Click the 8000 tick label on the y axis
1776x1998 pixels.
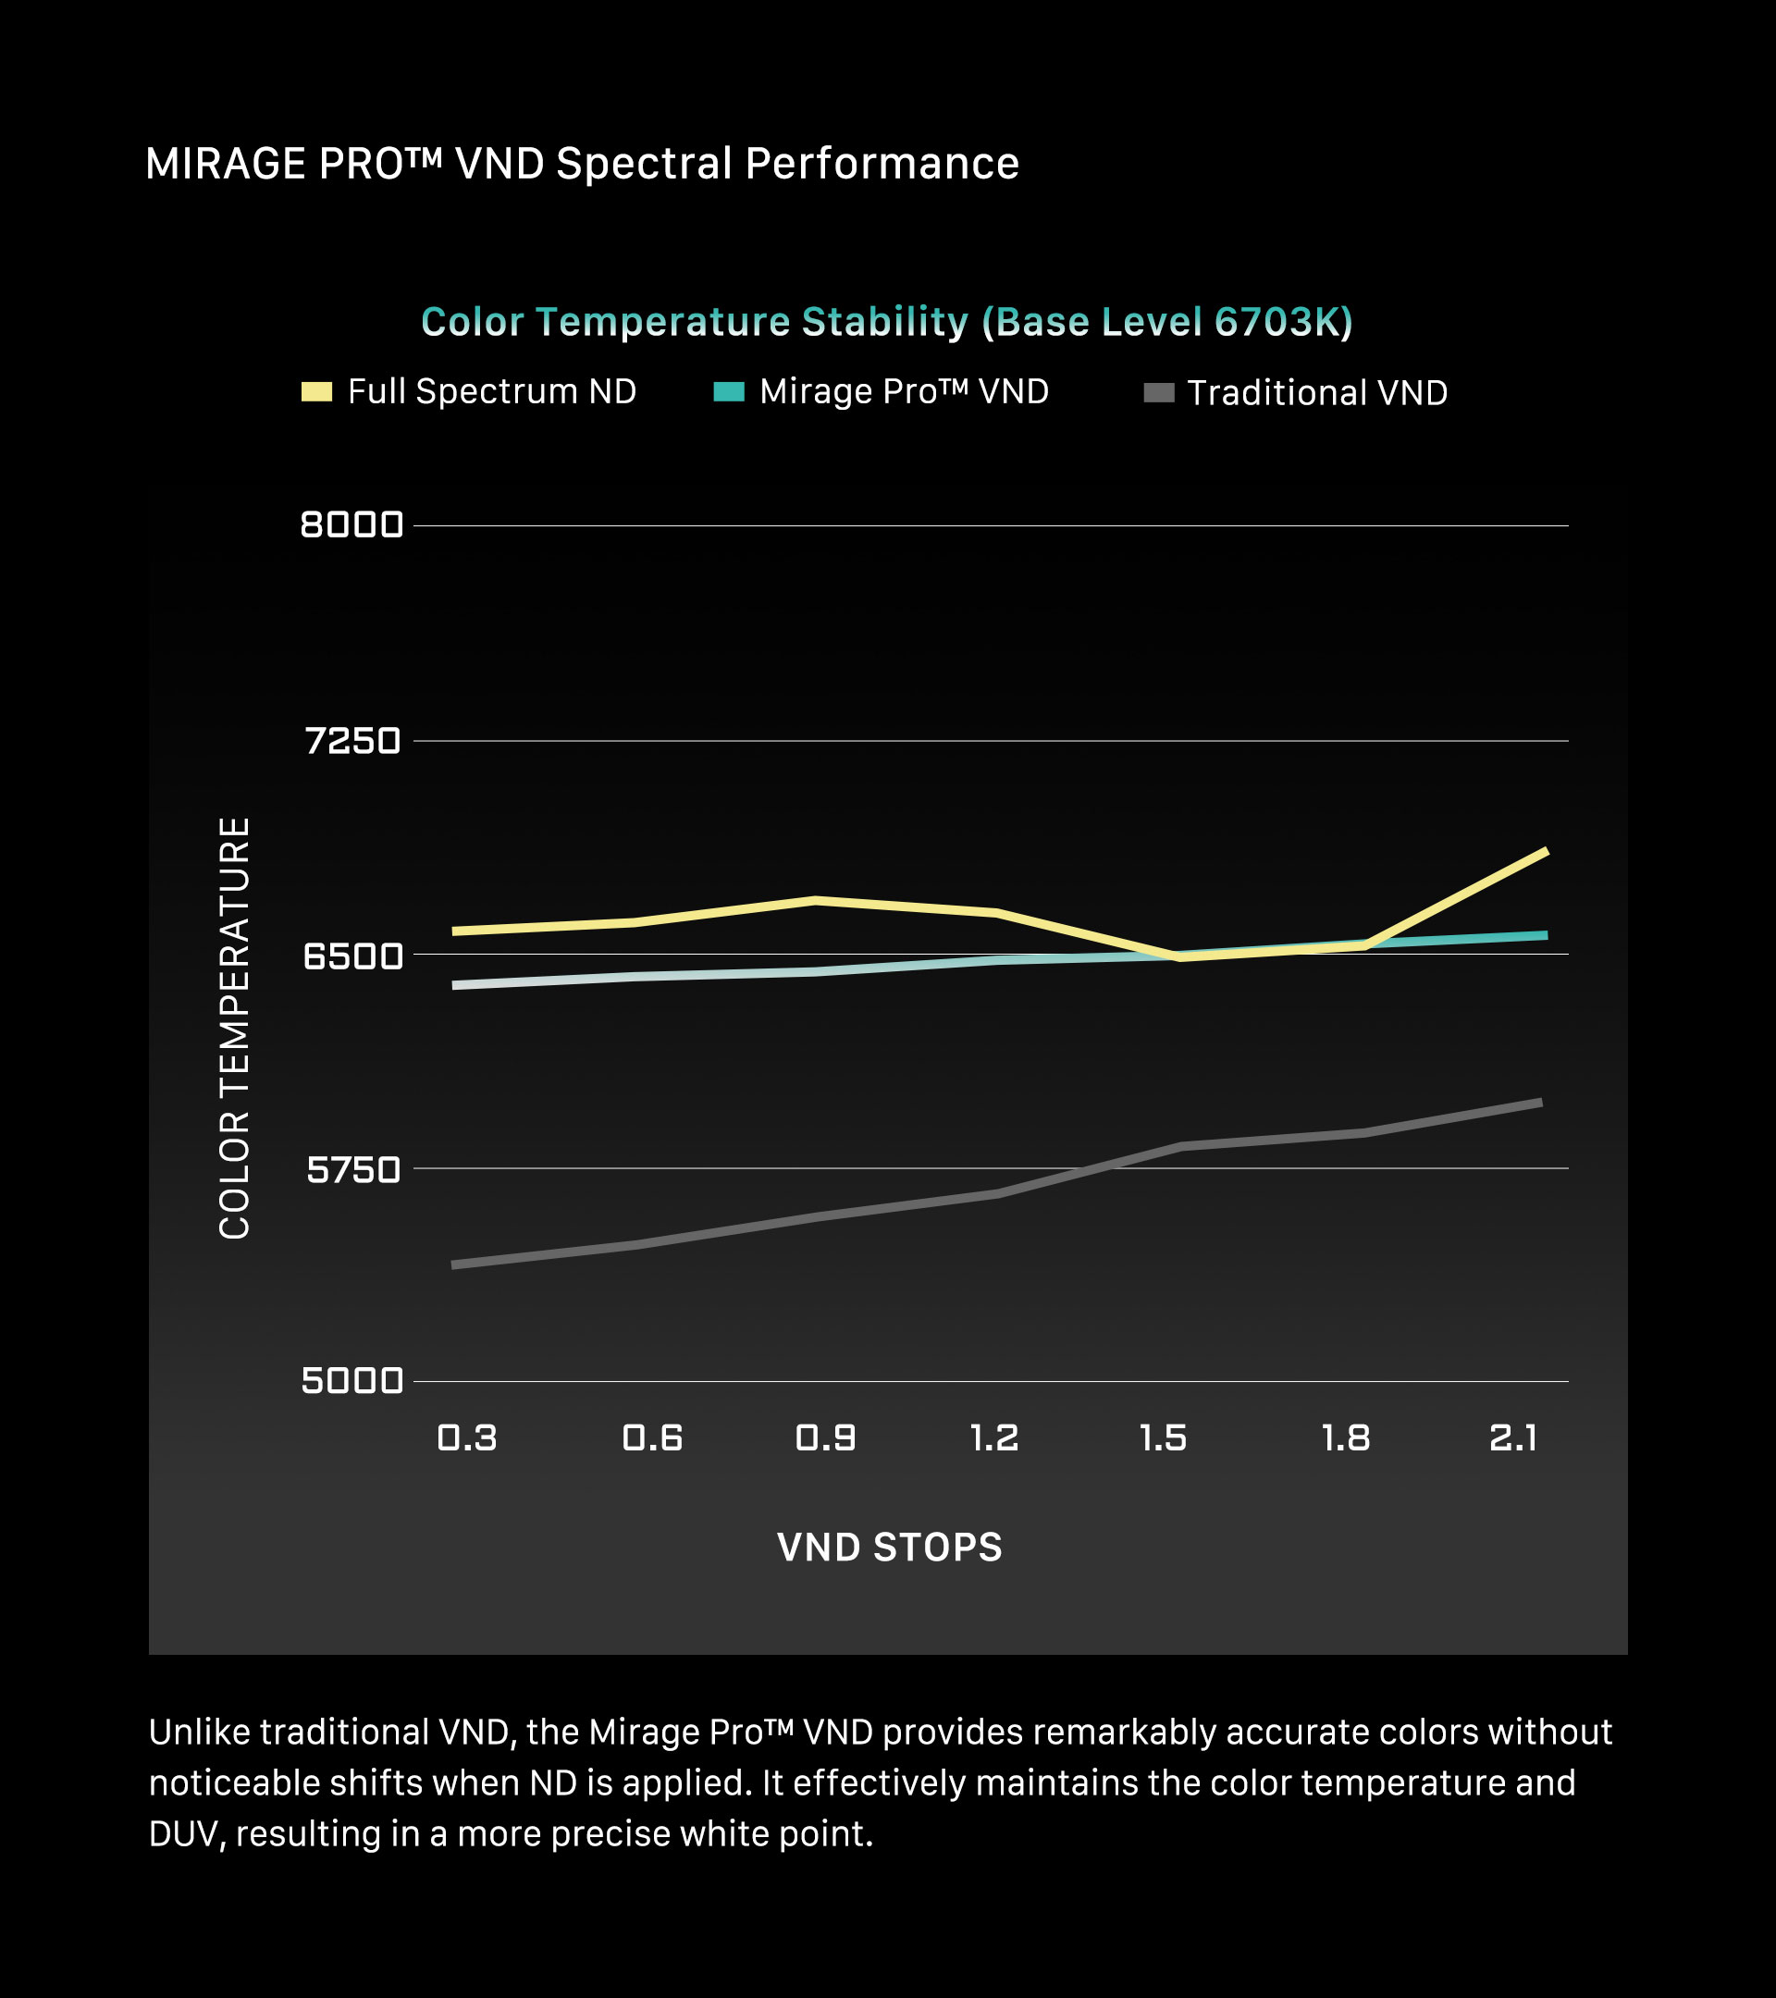coord(351,524)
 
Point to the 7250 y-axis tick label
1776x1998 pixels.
coord(352,741)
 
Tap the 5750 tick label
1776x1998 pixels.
coord(352,1169)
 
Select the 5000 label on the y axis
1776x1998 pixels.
coord(351,1381)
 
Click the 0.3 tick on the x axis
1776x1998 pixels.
coord(467,1437)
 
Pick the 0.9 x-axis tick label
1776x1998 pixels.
coord(826,1437)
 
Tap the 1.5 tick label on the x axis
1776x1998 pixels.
coord(1163,1437)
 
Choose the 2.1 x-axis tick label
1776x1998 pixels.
coord(1513,1437)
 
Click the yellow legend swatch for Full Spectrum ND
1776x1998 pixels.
coord(316,392)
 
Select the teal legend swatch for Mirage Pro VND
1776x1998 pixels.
coord(729,392)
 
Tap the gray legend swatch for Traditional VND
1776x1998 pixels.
coord(1158,393)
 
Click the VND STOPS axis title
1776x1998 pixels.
coord(890,1548)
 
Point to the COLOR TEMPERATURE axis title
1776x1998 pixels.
coord(235,1029)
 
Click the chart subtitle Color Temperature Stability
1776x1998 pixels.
coord(886,322)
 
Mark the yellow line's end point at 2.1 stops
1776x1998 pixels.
coord(1546,851)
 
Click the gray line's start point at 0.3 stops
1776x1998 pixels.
coord(455,1264)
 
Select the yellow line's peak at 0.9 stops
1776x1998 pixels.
coord(817,900)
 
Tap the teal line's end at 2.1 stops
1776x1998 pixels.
coord(1546,935)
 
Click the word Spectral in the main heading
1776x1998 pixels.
coord(644,163)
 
